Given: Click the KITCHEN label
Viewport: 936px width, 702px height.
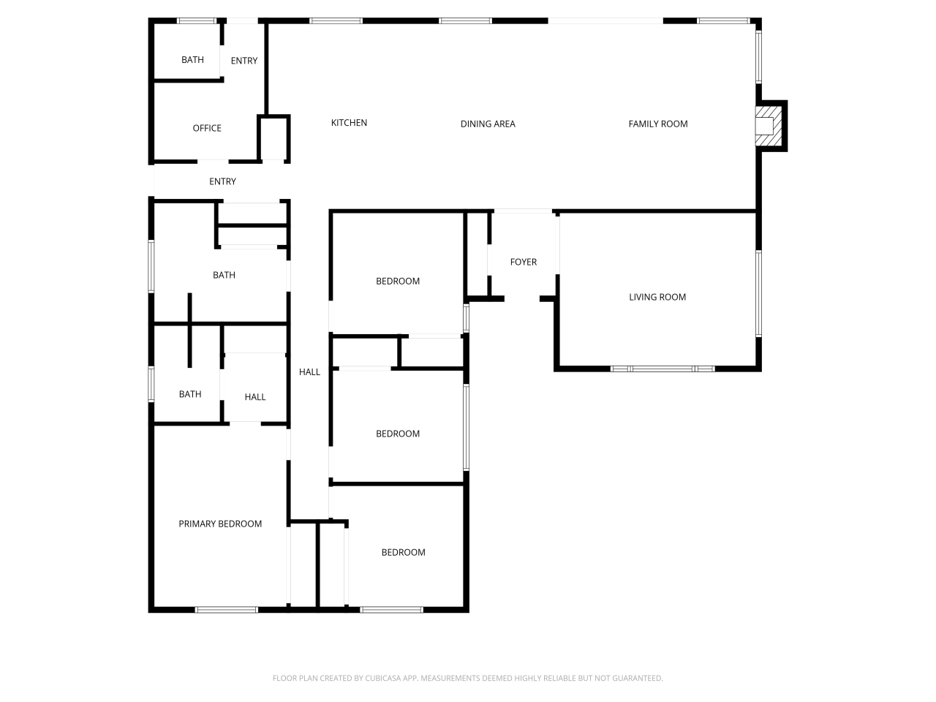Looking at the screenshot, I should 349,123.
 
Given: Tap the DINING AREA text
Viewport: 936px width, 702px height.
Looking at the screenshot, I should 488,124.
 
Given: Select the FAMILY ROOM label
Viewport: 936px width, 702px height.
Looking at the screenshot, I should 658,124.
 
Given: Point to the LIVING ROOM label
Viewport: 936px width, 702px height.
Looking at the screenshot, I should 657,297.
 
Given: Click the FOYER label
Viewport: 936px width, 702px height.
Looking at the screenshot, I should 524,262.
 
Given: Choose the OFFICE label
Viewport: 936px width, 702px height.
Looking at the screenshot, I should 207,128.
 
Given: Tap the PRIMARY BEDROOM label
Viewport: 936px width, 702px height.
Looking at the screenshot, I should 220,524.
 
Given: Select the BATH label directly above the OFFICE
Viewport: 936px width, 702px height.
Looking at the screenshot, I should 192,60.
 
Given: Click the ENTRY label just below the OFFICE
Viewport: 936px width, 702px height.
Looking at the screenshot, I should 222,181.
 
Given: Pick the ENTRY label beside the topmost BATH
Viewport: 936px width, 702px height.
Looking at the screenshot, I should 244,61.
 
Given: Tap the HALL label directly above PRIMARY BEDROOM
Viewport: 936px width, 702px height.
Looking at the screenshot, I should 255,397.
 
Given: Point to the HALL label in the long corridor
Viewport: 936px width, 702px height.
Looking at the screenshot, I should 309,372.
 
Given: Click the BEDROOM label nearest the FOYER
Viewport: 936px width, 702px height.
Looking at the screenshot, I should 398,282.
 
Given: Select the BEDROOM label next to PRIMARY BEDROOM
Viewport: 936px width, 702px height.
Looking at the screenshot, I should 403,552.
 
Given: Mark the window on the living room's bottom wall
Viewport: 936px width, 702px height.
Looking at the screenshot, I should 663,369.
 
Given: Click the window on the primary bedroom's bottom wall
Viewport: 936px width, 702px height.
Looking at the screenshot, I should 226,609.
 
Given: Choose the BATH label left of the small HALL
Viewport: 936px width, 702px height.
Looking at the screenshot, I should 190,394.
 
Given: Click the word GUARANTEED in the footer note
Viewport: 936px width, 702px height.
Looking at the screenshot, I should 636,679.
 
